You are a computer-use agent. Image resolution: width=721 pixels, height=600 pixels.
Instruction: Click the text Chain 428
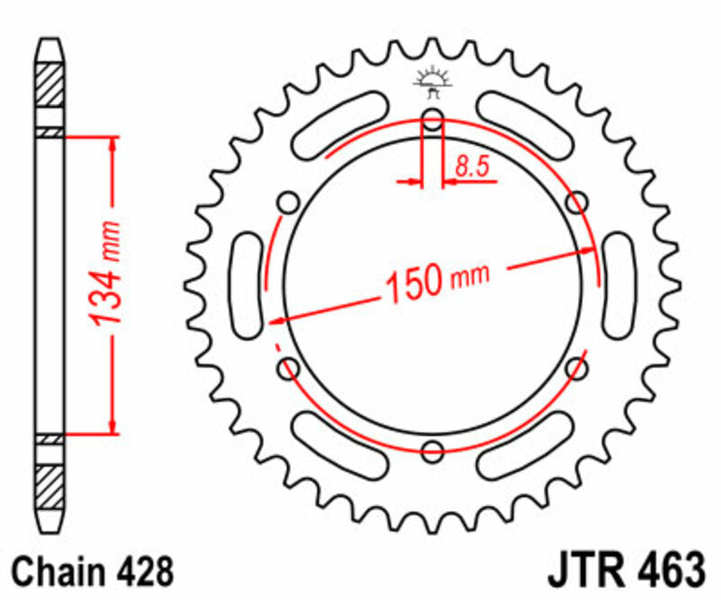click(90, 571)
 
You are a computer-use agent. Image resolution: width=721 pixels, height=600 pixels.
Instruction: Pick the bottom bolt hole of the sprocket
click(433, 450)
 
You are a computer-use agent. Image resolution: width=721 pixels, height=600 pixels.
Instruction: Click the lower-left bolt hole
click(288, 367)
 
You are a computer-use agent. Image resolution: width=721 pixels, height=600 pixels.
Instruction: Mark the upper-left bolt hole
click(288, 203)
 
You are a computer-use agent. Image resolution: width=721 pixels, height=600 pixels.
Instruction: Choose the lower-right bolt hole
click(577, 367)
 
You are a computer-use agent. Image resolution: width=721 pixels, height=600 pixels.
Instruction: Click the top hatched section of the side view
click(50, 89)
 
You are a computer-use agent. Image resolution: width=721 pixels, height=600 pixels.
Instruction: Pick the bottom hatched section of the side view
click(50, 479)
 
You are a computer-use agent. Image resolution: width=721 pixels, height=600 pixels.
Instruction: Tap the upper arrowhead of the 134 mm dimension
click(113, 144)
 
